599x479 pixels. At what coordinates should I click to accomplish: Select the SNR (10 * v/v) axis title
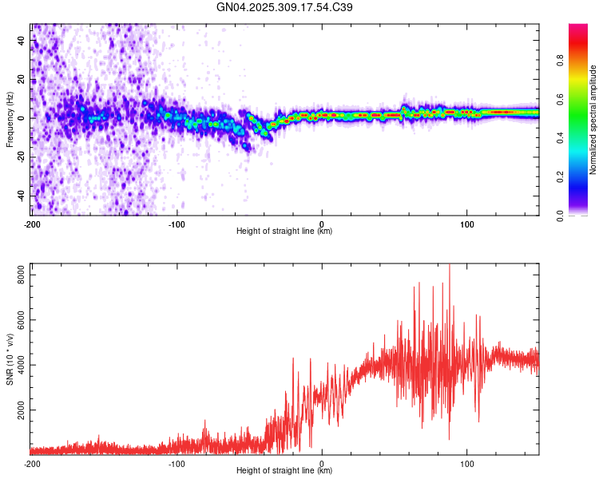coord(10,360)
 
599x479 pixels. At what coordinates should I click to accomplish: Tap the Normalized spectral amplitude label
coord(593,120)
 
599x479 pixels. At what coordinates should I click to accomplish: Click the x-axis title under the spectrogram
coord(284,231)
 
